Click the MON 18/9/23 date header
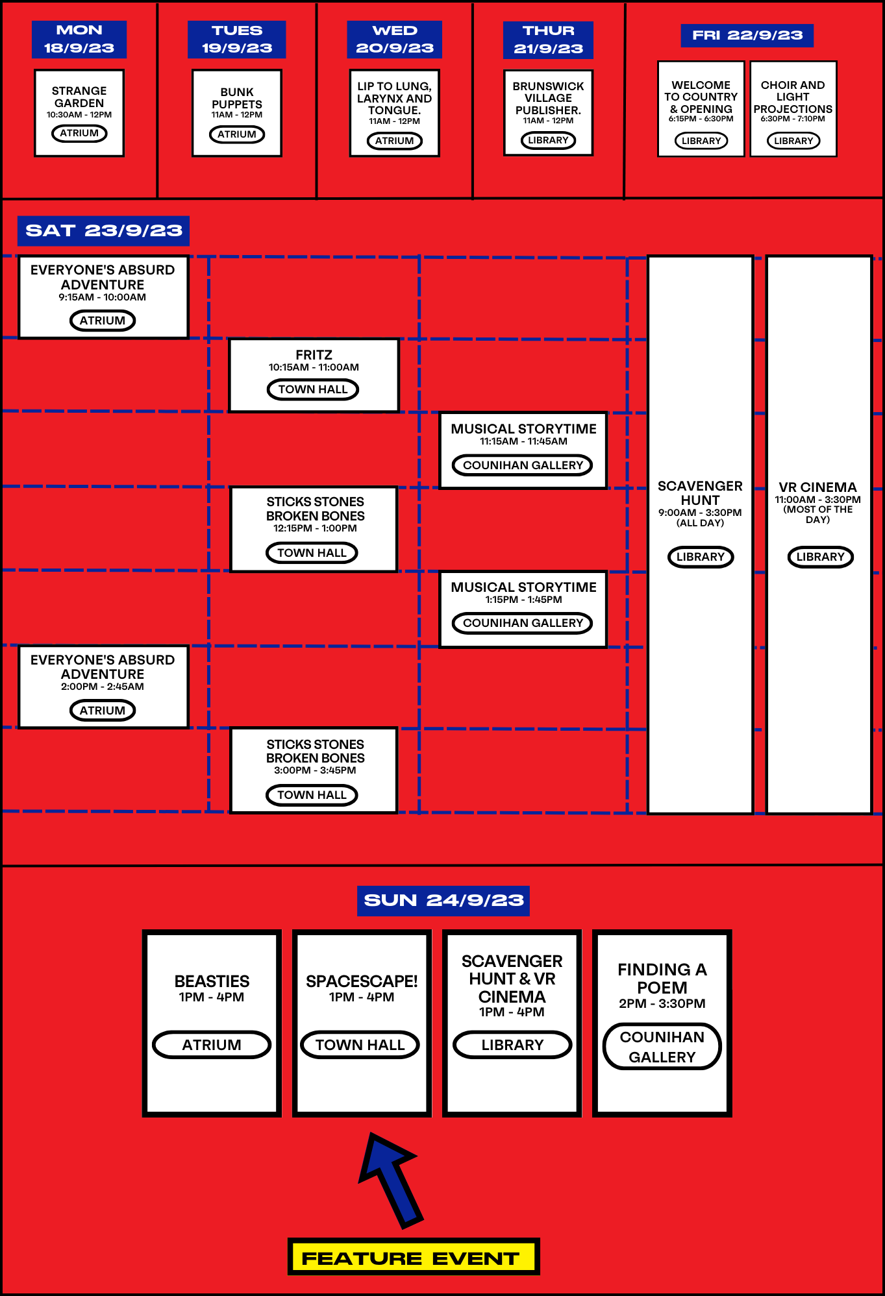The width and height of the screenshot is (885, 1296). (x=79, y=39)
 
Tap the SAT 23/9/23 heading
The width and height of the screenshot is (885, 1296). (x=103, y=230)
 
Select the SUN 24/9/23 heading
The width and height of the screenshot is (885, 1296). (x=443, y=900)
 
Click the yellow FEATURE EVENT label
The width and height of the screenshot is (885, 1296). (x=413, y=1258)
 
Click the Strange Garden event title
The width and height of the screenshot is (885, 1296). (x=79, y=97)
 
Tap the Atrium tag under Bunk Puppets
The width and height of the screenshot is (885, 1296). (x=237, y=134)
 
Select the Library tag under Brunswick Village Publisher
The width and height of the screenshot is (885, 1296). (x=548, y=140)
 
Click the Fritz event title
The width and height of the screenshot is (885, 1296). (x=314, y=355)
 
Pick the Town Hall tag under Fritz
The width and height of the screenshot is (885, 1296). (x=313, y=389)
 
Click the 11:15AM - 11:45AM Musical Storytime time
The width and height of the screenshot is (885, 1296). (x=523, y=441)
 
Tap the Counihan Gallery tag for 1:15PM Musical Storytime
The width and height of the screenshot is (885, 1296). (x=523, y=623)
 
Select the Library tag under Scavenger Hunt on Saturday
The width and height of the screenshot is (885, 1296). (x=701, y=557)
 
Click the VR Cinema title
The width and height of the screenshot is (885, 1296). (x=817, y=487)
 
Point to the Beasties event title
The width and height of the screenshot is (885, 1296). (x=212, y=981)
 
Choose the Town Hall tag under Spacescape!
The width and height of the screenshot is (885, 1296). (x=360, y=1045)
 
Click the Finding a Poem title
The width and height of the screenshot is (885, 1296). (x=662, y=978)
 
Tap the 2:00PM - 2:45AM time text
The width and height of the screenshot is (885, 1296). (x=103, y=687)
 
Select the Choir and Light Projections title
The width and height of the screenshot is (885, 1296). (x=793, y=97)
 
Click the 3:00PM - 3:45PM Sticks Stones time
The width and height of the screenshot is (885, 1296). (x=315, y=770)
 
